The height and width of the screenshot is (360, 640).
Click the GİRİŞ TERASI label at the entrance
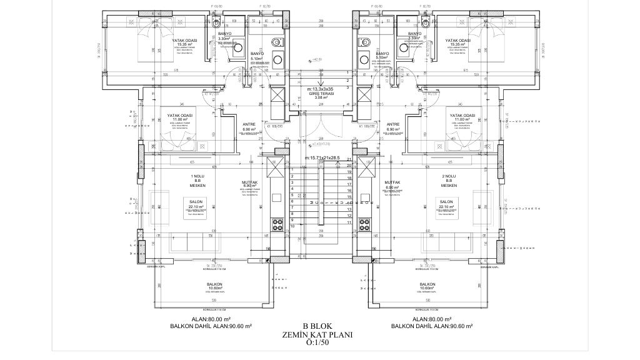click(319, 94)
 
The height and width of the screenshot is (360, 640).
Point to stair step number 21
click(348, 160)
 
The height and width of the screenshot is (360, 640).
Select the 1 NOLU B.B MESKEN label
click(197, 181)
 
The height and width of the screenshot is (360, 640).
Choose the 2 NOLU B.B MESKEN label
click(448, 181)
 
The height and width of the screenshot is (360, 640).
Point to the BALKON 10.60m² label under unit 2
click(427, 286)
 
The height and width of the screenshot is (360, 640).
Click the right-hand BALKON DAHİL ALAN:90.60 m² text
click(431, 326)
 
